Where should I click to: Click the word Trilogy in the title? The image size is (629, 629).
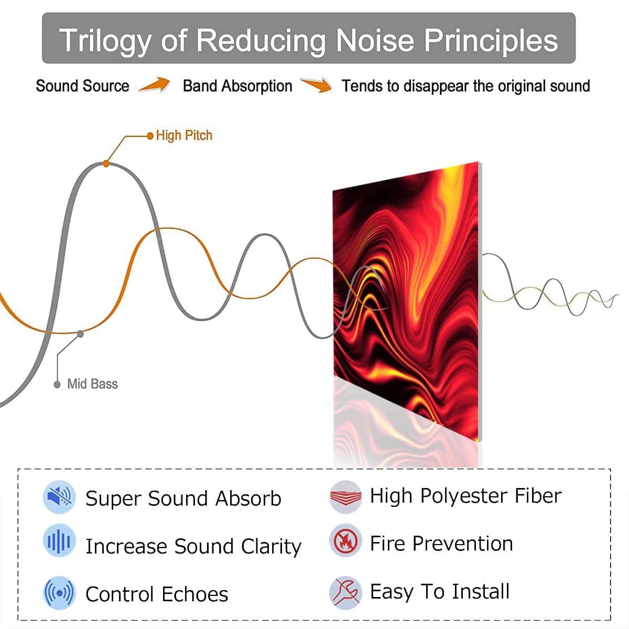point(105,41)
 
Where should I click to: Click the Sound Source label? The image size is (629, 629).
point(83,86)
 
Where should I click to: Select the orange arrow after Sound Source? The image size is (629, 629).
point(155,85)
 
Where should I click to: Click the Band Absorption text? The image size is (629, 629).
point(237,86)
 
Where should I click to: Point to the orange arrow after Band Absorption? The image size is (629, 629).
point(316,85)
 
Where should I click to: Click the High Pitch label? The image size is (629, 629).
point(184,135)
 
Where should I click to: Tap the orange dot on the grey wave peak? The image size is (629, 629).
point(106,164)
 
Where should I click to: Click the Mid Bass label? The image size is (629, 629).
point(92,384)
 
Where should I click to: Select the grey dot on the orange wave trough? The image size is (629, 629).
point(80,333)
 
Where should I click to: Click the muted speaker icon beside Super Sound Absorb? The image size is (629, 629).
point(59,497)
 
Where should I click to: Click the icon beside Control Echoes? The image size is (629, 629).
point(59,593)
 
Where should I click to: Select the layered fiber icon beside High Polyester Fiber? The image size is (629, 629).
point(345,497)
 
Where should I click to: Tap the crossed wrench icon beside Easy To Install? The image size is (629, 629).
point(345,592)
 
